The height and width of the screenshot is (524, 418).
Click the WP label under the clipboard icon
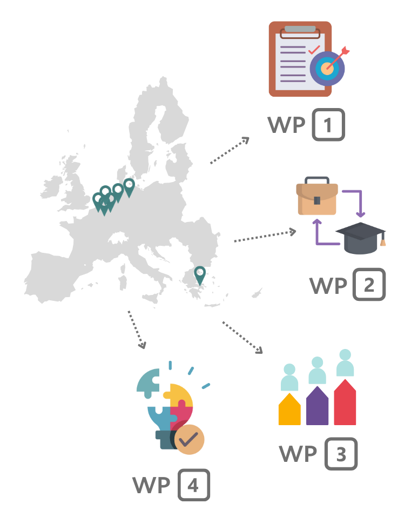[x=286, y=125]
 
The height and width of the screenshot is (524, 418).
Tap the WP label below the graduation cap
[x=328, y=286]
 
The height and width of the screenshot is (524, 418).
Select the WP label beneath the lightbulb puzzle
[x=151, y=485]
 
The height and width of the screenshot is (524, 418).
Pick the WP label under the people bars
[x=298, y=454]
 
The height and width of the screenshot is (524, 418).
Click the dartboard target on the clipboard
[x=327, y=68]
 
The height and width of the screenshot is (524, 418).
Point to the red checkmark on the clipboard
[x=314, y=49]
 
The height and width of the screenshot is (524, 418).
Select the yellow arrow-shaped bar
[x=289, y=410]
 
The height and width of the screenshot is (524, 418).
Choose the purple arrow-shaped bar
[x=318, y=406]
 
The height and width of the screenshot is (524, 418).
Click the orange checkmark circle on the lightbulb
[x=188, y=439]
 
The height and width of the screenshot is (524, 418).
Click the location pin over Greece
[x=200, y=274]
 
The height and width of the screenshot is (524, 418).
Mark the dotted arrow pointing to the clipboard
[x=230, y=151]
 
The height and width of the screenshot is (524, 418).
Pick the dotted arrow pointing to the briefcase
[x=265, y=236]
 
